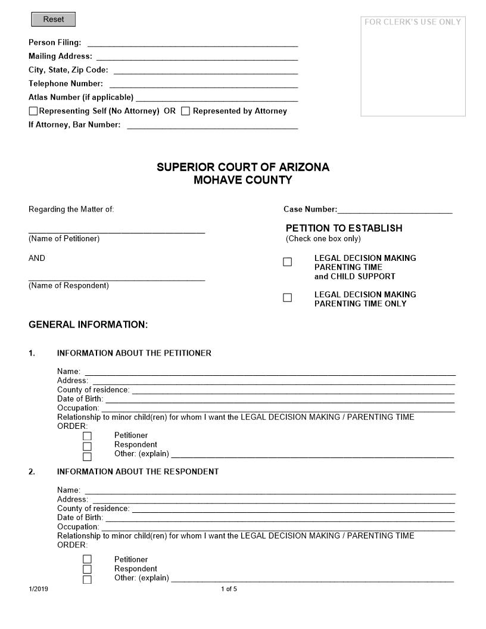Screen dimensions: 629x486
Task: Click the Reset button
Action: (x=53, y=20)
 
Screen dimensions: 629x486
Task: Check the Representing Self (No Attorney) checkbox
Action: (x=33, y=111)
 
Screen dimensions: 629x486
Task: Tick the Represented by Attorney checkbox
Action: (x=186, y=111)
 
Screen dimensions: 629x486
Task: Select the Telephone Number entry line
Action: (x=203, y=83)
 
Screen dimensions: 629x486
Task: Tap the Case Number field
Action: (x=394, y=209)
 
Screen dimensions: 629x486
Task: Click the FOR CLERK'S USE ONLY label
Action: (x=413, y=22)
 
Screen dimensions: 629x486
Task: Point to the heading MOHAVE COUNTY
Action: (x=242, y=180)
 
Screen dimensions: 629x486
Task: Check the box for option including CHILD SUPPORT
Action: (x=288, y=262)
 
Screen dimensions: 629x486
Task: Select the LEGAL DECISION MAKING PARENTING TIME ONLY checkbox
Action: (x=288, y=298)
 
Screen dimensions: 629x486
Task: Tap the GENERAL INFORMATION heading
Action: (x=88, y=325)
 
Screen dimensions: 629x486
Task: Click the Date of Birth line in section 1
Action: (x=279, y=399)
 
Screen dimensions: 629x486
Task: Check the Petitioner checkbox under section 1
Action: (x=88, y=436)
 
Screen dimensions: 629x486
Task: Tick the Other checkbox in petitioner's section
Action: (x=88, y=457)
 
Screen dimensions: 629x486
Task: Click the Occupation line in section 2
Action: (x=278, y=527)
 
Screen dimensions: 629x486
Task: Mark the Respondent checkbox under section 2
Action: (x=88, y=569)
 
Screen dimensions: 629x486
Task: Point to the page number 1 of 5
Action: (x=229, y=590)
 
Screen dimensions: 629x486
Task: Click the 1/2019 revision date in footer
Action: (x=38, y=590)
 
